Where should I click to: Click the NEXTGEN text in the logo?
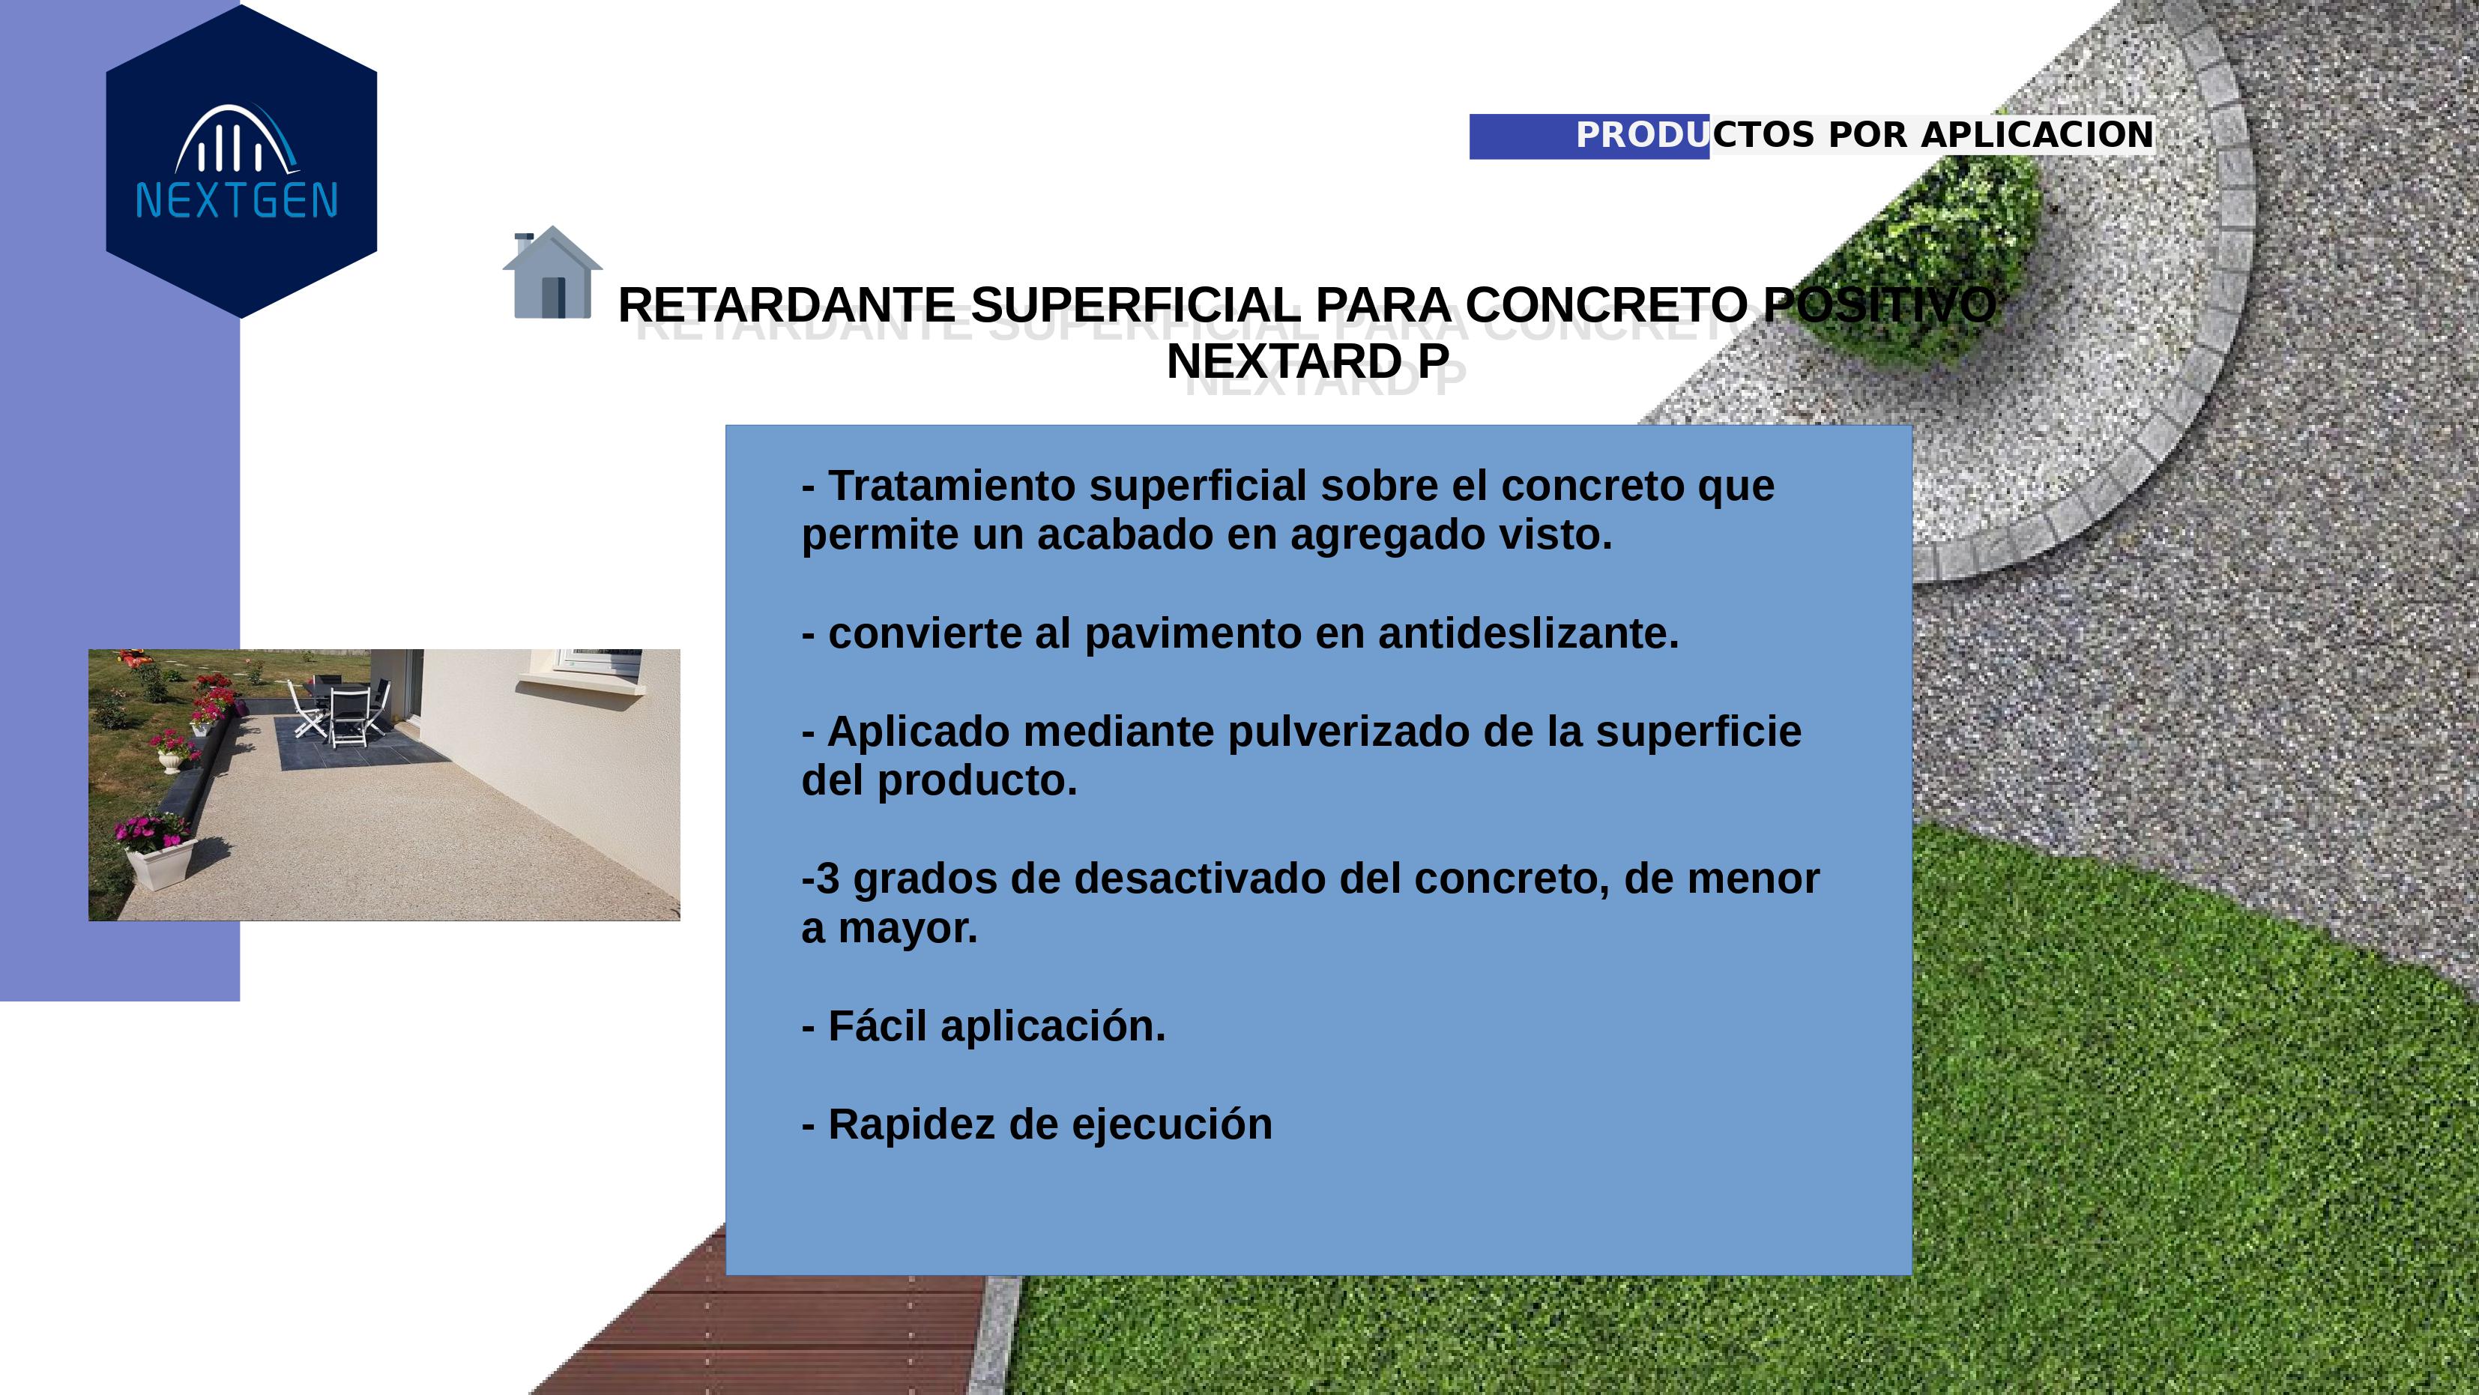click(237, 200)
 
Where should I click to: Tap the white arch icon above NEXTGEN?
click(237, 139)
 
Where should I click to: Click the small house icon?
click(552, 271)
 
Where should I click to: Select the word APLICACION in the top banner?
click(2038, 135)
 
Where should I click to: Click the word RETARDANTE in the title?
click(786, 305)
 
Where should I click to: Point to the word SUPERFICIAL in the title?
click(1135, 305)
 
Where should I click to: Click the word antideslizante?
click(1528, 633)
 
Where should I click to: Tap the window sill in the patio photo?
click(579, 681)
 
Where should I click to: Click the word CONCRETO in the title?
click(1606, 305)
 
